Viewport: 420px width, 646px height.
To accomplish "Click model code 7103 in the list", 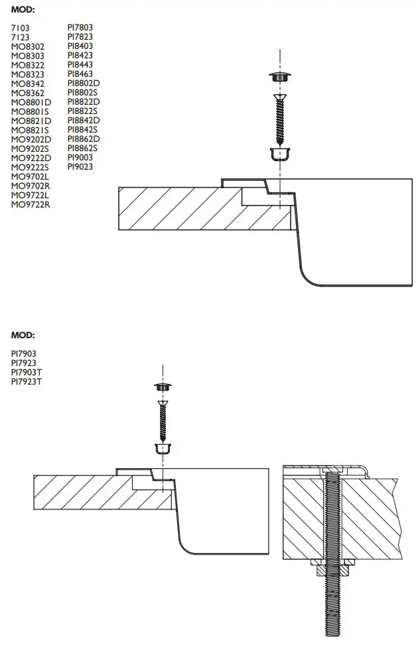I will [21, 28].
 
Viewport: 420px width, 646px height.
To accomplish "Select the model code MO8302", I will [28, 46].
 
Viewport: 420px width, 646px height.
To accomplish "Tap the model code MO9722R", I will [31, 204].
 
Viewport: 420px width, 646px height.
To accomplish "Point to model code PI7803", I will [80, 28].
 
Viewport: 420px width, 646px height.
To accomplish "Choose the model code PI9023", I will [80, 167].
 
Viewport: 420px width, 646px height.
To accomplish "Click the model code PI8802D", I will [84, 84].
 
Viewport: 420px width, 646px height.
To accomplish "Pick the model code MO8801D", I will [31, 102].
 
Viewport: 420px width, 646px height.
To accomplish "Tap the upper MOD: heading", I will [23, 10].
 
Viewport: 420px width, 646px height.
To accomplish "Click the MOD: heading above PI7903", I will [23, 336].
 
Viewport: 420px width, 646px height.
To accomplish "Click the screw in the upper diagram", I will [281, 119].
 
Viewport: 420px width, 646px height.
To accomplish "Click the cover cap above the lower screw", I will [163, 387].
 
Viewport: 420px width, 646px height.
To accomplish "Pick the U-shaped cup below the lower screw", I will [163, 448].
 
